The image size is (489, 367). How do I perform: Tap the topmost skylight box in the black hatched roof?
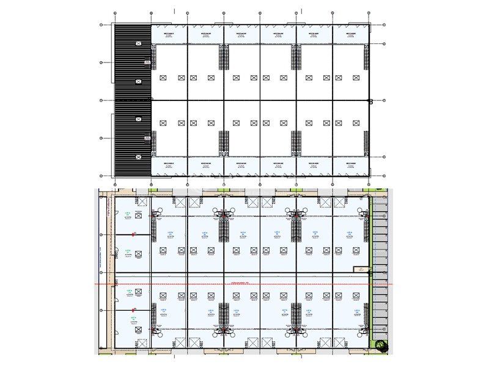[x=139, y=43]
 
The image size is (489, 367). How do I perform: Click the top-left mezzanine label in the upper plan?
[x=169, y=34]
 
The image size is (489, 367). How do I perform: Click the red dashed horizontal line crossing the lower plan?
[x=244, y=284]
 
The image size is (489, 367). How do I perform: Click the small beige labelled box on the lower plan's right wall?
[x=361, y=269]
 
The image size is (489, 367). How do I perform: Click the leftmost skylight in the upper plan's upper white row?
[x=163, y=78]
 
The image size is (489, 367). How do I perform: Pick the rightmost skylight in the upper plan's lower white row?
[x=356, y=123]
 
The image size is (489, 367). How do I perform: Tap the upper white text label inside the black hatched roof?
[x=147, y=61]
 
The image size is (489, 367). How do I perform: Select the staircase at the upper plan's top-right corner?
[x=366, y=59]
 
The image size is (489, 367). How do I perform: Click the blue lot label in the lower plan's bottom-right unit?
[x=356, y=311]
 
